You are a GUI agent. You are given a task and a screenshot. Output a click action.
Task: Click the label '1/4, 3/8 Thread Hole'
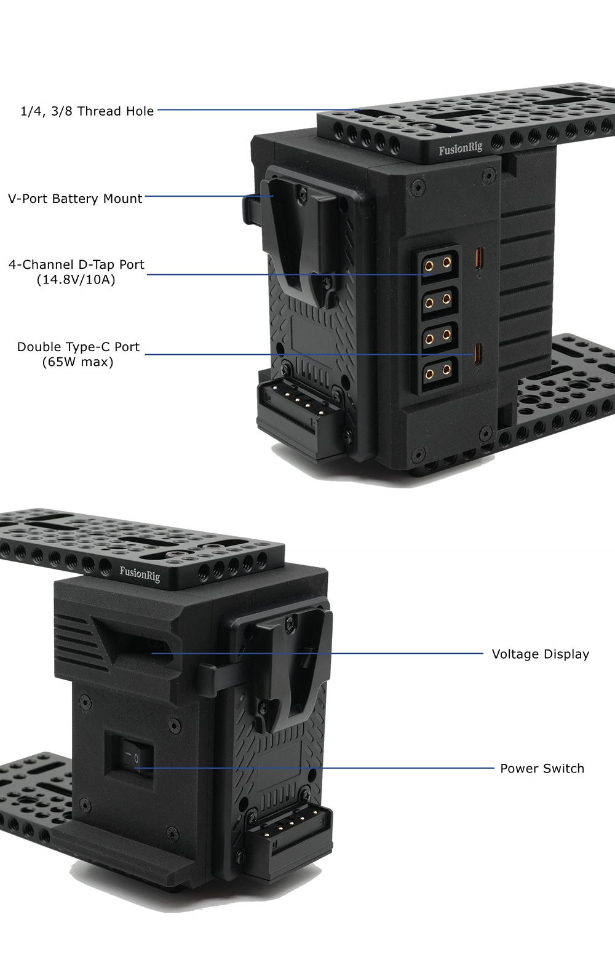point(87,111)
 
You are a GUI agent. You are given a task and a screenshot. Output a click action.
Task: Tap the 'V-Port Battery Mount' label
point(75,199)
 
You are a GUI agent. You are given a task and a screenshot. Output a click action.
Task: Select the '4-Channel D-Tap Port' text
point(76,264)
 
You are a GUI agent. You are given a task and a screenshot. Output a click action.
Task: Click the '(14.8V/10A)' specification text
point(76,280)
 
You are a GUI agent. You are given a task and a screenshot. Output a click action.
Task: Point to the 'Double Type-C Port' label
point(78,347)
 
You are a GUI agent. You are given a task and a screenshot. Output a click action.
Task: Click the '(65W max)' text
point(77,362)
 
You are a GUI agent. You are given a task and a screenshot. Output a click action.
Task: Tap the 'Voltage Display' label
point(541,654)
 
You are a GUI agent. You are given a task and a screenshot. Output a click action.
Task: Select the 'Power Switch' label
point(542,769)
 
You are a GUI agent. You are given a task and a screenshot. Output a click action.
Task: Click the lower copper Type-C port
point(479,354)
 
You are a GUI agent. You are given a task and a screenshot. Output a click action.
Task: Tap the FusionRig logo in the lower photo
point(140,574)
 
